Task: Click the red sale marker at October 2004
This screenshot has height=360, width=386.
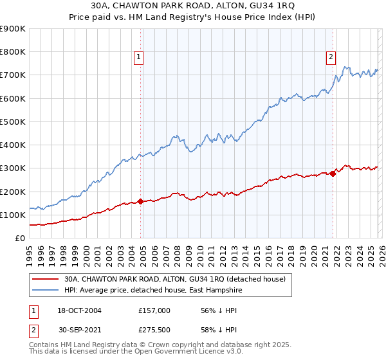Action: [x=140, y=202]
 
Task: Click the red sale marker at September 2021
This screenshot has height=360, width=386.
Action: [x=333, y=174]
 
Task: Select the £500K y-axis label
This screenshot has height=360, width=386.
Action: [x=13, y=122]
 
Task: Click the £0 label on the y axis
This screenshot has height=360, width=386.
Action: [x=20, y=238]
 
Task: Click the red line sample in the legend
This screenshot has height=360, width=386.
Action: [x=46, y=280]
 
